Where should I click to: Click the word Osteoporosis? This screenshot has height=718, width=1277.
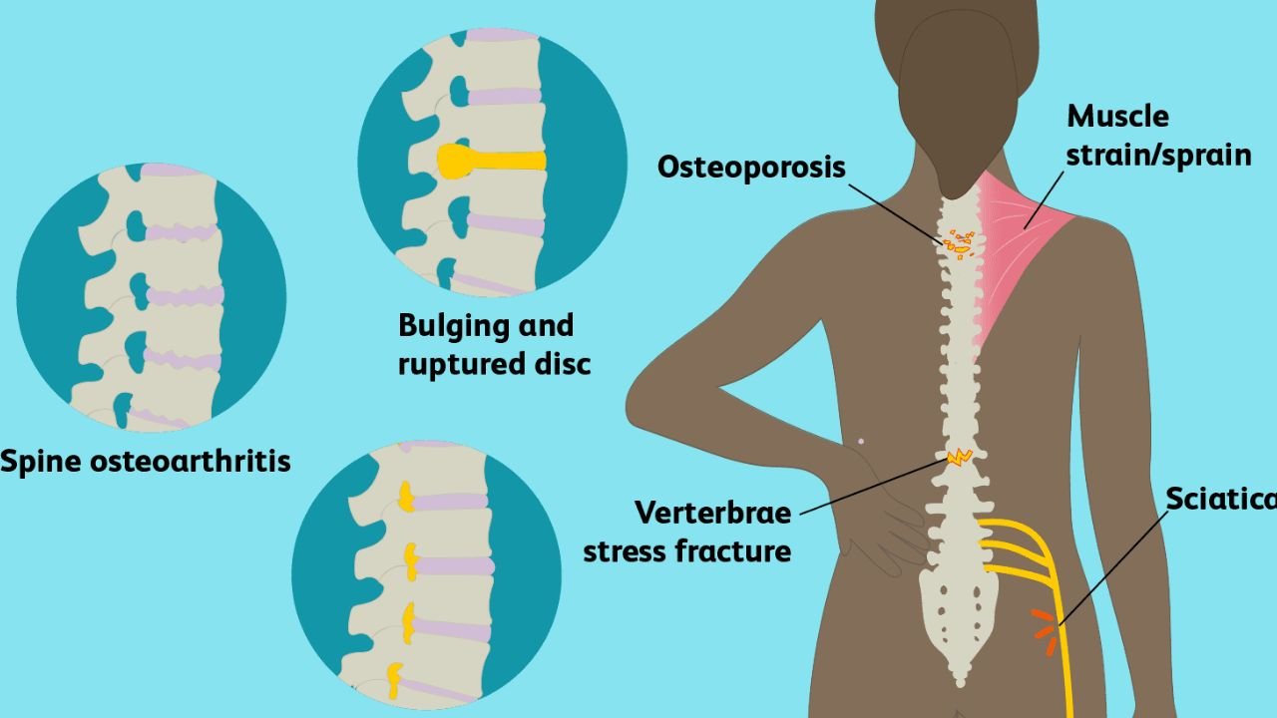click(751, 167)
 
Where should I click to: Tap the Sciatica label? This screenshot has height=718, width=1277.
click(1221, 497)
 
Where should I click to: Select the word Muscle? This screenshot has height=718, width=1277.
click(1117, 117)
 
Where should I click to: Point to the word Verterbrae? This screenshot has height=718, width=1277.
click(712, 514)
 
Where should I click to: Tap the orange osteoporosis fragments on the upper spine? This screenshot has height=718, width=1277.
click(960, 242)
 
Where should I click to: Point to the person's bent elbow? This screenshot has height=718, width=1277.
click(643, 404)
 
